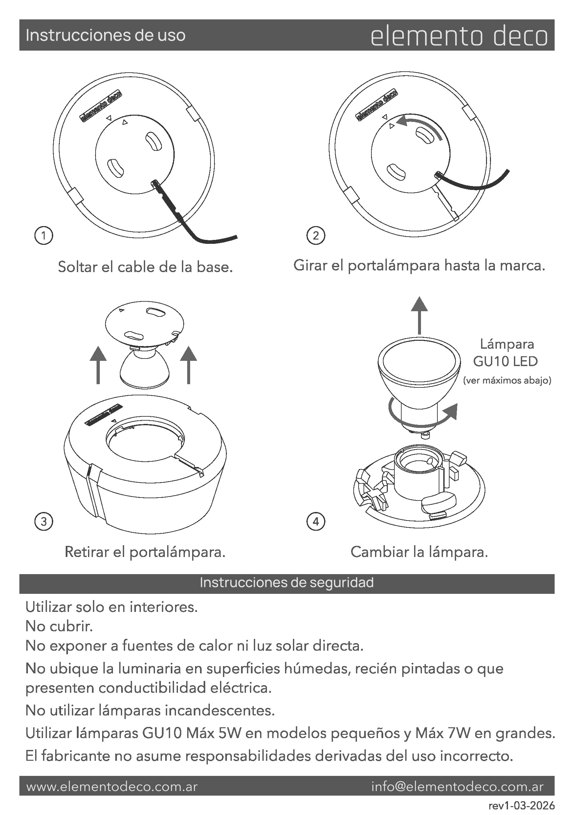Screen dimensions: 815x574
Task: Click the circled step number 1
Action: [44, 235]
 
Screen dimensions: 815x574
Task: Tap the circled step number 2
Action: [316, 235]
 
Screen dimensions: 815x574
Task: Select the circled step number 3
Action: [44, 522]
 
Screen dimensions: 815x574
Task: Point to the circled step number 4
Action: [316, 522]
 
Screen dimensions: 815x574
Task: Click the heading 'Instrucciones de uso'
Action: [105, 35]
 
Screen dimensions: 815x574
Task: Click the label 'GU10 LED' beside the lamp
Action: [505, 361]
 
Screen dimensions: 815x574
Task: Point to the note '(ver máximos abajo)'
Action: [507, 381]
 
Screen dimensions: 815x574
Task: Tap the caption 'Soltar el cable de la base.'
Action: [145, 267]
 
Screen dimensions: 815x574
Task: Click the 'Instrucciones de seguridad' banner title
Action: [287, 583]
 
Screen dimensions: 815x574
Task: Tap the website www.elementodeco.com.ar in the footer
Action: [112, 787]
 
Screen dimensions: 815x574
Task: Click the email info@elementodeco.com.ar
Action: [457, 787]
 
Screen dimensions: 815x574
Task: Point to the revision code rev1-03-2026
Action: [521, 805]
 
